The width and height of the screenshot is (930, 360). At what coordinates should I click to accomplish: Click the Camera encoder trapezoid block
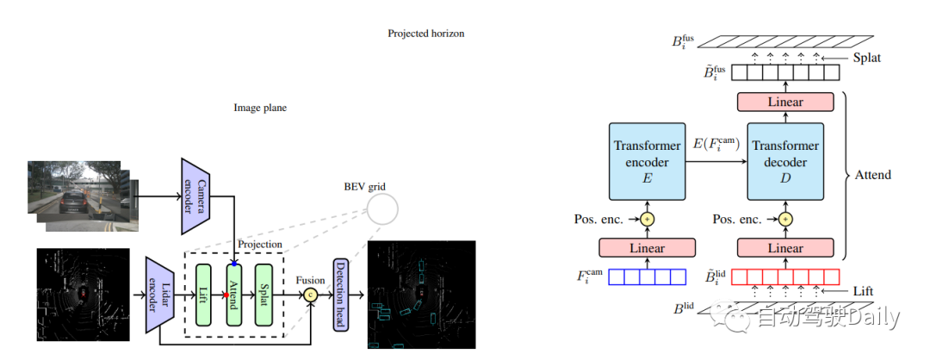coord(195,196)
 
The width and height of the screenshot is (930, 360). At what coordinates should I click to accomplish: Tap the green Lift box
coord(203,295)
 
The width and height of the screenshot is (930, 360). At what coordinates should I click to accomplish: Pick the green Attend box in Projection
coord(232,295)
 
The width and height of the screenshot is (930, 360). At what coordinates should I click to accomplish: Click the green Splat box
coord(262,295)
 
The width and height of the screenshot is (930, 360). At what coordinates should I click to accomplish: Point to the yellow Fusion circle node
coord(311,295)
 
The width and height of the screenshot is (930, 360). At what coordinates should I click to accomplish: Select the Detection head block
coord(339,295)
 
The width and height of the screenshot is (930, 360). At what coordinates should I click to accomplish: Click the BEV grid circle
coord(383,208)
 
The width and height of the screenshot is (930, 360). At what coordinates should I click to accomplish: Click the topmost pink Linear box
coord(784,102)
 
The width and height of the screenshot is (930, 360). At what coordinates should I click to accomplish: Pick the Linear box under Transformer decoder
coord(784,248)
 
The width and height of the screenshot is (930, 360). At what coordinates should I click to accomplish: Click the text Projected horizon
coord(425,34)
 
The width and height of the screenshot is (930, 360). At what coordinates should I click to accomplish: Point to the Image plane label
coord(260,109)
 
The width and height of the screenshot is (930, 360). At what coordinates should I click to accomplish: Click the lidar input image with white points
coord(83,297)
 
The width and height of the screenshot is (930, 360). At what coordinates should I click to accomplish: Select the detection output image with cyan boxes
coord(421,295)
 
